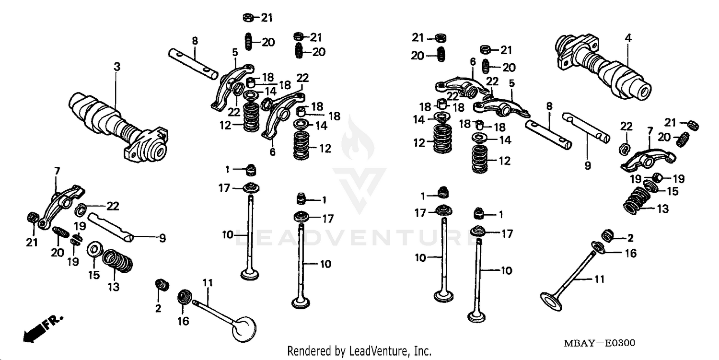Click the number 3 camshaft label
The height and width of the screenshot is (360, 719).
(116, 67)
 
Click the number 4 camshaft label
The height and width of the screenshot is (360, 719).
(628, 36)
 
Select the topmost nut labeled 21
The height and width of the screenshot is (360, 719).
(248, 18)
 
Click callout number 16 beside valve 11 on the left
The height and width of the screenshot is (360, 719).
(184, 321)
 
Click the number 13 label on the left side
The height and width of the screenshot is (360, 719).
(113, 287)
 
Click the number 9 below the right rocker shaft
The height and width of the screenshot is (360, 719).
(588, 166)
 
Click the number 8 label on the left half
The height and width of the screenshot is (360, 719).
(195, 41)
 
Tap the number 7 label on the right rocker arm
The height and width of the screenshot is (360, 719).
(649, 130)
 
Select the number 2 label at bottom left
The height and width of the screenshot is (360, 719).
(158, 308)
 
